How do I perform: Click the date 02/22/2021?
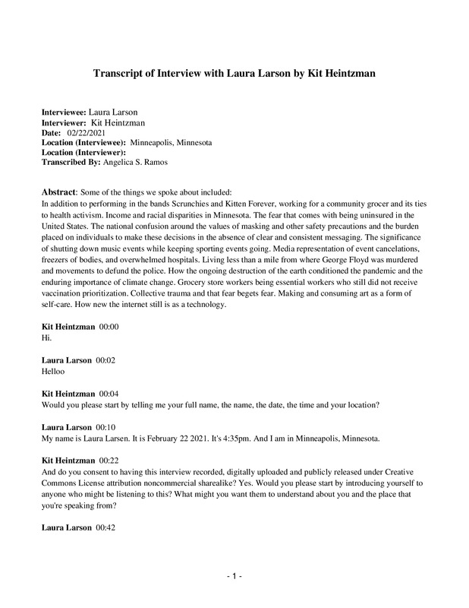click(x=83, y=133)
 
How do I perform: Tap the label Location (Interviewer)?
click(x=83, y=153)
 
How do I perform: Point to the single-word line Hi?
click(x=45, y=338)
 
